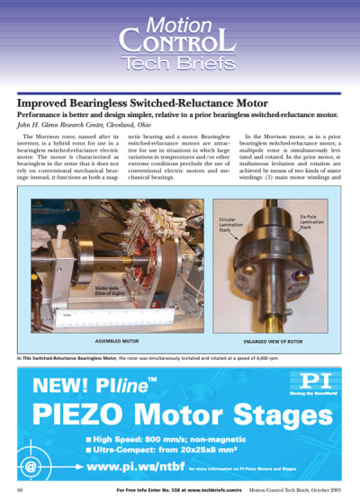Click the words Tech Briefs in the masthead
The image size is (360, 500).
pyautogui.click(x=180, y=61)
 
